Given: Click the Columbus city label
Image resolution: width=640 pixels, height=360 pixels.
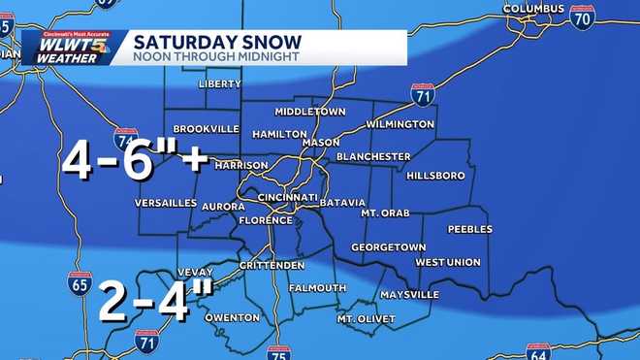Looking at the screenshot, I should (532, 10).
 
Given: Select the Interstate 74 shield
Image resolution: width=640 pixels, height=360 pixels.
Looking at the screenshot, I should (125, 140).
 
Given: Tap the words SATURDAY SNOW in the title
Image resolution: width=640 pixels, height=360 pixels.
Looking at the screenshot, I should (217, 42).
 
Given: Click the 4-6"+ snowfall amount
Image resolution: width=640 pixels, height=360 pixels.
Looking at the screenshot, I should (135, 160).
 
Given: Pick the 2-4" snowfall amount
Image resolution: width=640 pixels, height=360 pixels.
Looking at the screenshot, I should (156, 302).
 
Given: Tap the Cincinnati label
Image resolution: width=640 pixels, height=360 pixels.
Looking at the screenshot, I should (288, 197).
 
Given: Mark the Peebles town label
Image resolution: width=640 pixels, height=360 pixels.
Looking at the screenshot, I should (470, 230).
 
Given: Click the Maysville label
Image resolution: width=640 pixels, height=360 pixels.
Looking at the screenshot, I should (409, 294).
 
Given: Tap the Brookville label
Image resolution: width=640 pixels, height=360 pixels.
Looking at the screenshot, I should (206, 128).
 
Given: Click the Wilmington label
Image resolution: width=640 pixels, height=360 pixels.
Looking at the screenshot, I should (400, 124).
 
